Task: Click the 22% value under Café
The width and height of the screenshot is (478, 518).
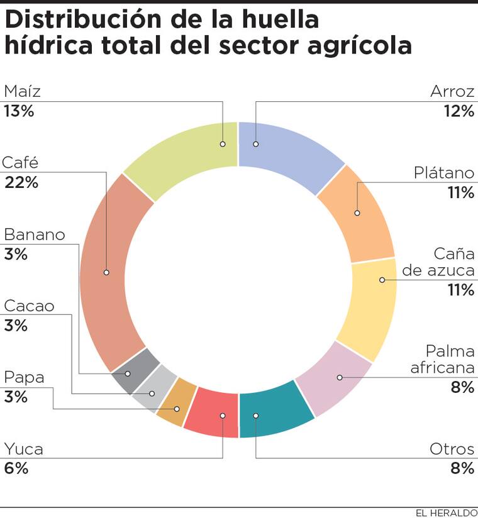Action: click(x=21, y=183)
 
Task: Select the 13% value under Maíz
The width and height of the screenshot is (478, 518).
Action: click(x=19, y=111)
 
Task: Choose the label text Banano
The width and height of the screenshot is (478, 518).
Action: click(x=35, y=235)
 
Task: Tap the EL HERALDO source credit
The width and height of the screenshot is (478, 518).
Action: click(x=446, y=512)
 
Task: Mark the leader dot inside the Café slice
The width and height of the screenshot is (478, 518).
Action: click(x=106, y=272)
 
